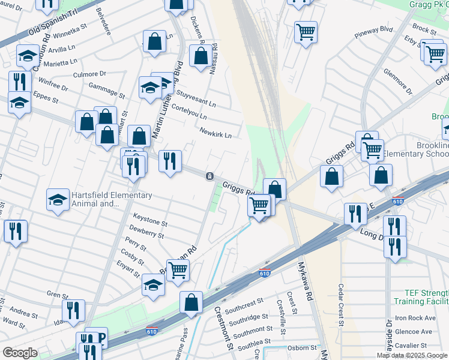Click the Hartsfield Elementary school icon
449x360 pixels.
(58, 200)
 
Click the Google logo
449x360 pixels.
(20, 353)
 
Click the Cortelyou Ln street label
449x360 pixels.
(188, 112)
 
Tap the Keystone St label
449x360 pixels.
(150, 222)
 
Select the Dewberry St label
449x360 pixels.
(146, 233)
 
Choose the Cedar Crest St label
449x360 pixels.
(340, 305)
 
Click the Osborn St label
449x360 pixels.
(301, 347)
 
